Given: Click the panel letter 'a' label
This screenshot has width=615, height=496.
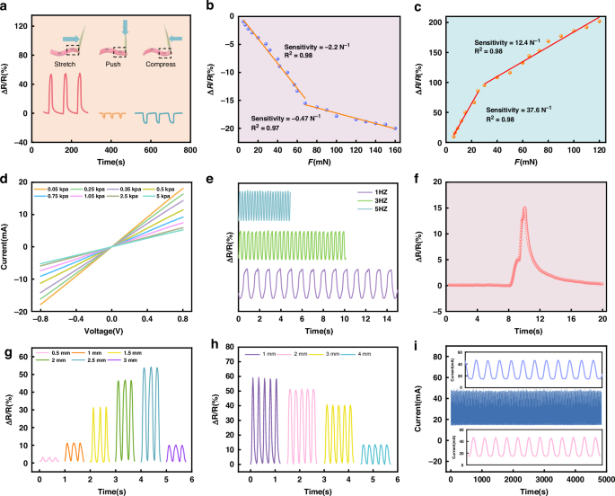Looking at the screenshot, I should pos(7,7).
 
